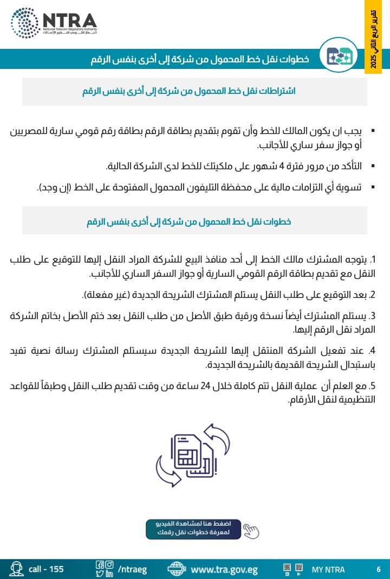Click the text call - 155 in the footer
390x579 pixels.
click(46, 569)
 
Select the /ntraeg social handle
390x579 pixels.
click(132, 570)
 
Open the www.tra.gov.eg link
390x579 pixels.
click(224, 570)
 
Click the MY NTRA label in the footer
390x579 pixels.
click(328, 570)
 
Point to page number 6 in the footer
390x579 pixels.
click(378, 569)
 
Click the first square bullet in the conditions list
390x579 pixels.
click(373, 132)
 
